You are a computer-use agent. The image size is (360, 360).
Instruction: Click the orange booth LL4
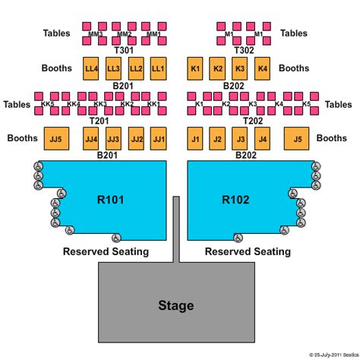click(x=92, y=69)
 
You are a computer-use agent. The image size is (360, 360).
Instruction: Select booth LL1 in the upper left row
click(x=158, y=69)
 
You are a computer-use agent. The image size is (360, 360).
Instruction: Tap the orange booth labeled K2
click(x=218, y=69)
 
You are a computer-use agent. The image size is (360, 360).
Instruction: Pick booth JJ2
click(x=137, y=139)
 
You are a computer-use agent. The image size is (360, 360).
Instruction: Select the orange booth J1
click(x=195, y=139)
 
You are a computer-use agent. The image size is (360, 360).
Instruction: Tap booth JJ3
click(x=114, y=139)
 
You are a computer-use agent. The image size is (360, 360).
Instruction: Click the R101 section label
click(x=111, y=201)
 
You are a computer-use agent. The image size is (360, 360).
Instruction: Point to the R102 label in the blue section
click(x=235, y=201)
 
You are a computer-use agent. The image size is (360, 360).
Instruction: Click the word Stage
click(x=175, y=306)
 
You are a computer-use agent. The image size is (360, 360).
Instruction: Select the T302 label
click(x=244, y=49)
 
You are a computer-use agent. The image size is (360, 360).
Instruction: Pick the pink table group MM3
click(x=96, y=34)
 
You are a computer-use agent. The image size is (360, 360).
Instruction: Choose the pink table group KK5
click(x=47, y=104)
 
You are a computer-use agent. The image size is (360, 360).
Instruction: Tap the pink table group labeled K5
click(x=307, y=104)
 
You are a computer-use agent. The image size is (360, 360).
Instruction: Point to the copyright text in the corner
click(x=322, y=355)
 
